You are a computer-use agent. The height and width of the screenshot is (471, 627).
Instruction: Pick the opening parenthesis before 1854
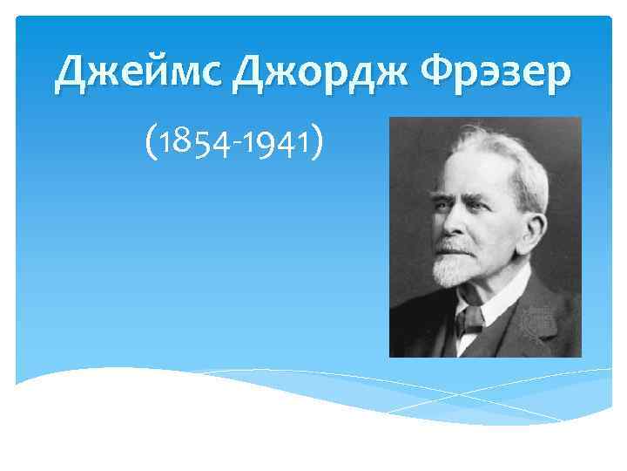tap(153, 144)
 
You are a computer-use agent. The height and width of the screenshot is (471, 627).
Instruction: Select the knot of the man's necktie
tap(470, 317)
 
